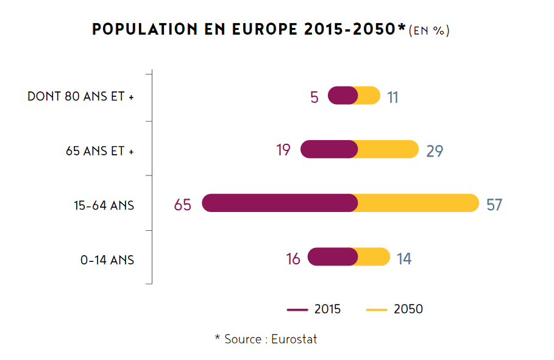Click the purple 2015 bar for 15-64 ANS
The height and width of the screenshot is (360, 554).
279,203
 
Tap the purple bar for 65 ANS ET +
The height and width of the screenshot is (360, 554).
329,149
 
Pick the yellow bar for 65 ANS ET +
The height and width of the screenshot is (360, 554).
388,149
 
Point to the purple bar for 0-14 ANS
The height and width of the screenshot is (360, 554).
332,257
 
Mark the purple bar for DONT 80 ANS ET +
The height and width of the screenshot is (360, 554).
343,96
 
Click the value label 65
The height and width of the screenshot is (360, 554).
182,205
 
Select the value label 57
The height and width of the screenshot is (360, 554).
494,205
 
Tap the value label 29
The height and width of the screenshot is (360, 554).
435,151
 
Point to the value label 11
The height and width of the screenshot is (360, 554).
392,97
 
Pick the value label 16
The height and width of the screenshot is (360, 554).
293,259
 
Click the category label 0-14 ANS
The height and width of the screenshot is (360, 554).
107,260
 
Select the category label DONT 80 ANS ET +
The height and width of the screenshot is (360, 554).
80,97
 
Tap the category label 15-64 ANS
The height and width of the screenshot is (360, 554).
104,206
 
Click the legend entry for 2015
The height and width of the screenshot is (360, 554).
314,309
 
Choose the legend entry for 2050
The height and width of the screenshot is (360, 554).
394,309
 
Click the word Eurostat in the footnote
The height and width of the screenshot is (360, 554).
294,339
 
